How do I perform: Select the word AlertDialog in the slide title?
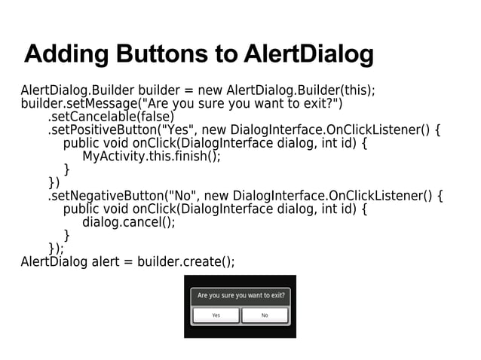click(x=308, y=55)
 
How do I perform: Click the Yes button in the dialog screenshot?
click(x=216, y=316)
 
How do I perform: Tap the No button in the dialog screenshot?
click(x=265, y=316)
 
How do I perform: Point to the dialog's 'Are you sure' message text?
click(x=240, y=295)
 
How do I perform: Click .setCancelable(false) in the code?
click(x=111, y=117)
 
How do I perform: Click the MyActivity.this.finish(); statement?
click(x=152, y=157)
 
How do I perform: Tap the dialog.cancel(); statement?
click(x=128, y=222)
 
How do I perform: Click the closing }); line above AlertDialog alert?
click(x=56, y=249)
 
